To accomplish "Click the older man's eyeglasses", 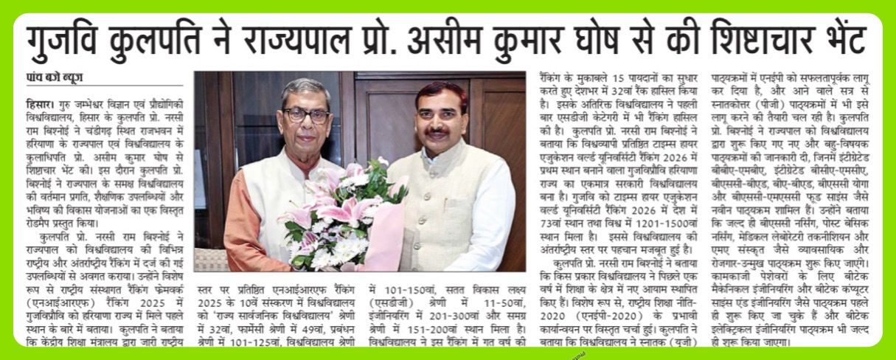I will (x=306, y=116).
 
